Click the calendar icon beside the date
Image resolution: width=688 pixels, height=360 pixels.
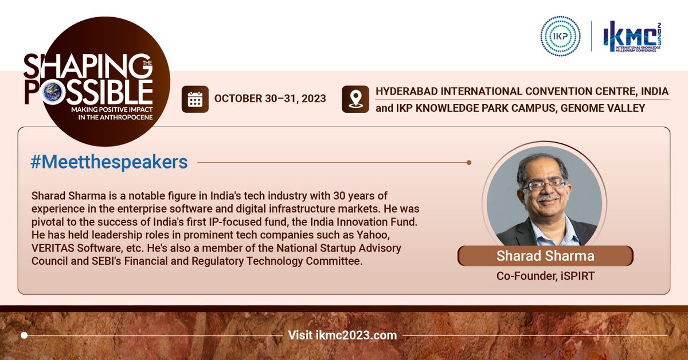pyautogui.click(x=195, y=99)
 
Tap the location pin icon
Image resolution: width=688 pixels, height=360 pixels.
pyautogui.click(x=355, y=99)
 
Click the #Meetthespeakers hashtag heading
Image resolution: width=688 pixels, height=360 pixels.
pyautogui.click(x=109, y=162)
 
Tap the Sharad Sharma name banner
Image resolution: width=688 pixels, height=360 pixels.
pyautogui.click(x=545, y=256)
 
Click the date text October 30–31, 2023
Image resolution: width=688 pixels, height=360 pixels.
pyautogui.click(x=270, y=99)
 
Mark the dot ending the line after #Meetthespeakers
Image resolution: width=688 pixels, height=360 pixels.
pyautogui.click(x=469, y=162)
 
